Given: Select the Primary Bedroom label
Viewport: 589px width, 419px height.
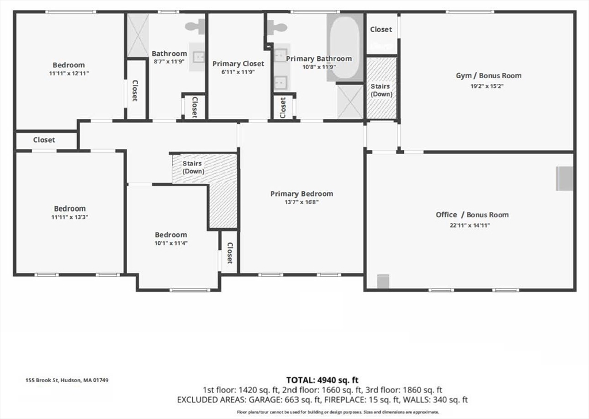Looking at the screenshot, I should pos(301,194).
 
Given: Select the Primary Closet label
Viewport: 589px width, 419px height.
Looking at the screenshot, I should pos(238,64).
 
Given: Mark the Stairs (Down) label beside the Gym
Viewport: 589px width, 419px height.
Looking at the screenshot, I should pos(381,90).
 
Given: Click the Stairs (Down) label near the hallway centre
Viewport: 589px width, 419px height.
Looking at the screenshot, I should pos(192,167).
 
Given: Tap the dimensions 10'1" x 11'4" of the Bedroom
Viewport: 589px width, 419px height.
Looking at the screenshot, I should pos(171,243).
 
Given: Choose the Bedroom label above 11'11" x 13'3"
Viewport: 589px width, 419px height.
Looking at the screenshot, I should pos(70,208).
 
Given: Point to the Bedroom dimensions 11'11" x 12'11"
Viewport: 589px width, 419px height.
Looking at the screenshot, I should pos(69,74).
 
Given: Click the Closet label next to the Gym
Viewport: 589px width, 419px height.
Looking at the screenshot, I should pos(381,29).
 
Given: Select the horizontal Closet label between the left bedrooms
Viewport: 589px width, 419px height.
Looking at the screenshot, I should pos(44,140).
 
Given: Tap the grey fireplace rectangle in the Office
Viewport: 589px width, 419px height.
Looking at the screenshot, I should pos(564,178).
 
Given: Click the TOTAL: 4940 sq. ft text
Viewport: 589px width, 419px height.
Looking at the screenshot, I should pos(322,379).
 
